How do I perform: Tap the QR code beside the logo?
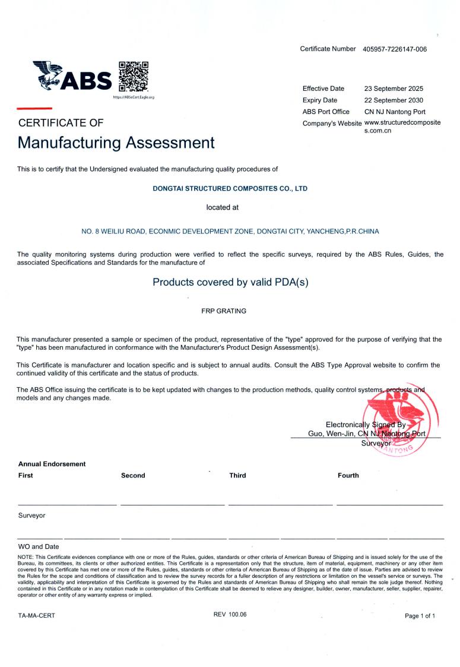tap(134, 75)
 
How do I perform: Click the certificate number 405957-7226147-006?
tap(394, 49)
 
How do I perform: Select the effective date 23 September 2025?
tap(394, 88)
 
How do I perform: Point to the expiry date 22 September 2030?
tap(394, 100)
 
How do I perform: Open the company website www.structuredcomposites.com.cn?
tap(402, 127)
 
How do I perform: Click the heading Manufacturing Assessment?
tap(116, 143)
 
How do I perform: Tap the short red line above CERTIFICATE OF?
tap(34, 108)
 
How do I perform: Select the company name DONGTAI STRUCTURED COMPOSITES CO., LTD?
tap(230, 188)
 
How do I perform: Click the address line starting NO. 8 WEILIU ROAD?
tap(230, 231)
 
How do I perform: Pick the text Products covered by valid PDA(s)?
tap(230, 283)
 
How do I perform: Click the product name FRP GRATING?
tap(224, 311)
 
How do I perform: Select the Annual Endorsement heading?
tap(52, 464)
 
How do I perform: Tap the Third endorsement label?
tap(237, 475)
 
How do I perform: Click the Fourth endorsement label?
tap(348, 475)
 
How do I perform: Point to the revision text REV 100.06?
tap(230, 614)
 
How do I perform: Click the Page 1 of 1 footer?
tap(420, 616)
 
